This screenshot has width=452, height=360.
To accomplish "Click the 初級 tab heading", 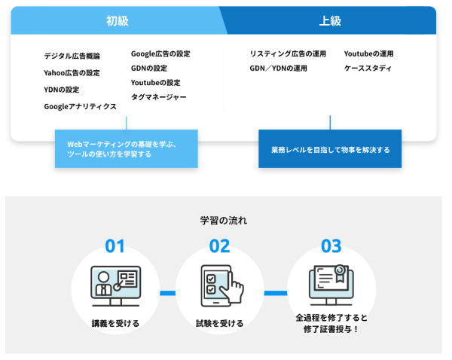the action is [x=118, y=21].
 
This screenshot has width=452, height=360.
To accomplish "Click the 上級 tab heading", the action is [x=331, y=21].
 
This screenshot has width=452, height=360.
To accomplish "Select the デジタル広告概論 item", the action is [x=72, y=56].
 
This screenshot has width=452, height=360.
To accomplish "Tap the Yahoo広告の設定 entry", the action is [x=72, y=72].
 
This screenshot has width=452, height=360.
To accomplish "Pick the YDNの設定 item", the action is [x=62, y=90].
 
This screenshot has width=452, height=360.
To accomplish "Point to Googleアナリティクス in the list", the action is [x=80, y=106].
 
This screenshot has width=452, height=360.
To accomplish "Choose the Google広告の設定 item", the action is [x=160, y=53].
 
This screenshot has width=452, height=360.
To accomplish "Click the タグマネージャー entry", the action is [x=159, y=97].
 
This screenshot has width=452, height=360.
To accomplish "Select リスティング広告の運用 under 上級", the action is [x=288, y=53].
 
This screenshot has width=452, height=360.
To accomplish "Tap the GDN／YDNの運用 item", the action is [x=279, y=69].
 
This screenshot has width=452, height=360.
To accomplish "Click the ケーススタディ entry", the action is [x=368, y=69].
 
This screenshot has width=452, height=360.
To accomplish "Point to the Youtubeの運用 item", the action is [x=368, y=53].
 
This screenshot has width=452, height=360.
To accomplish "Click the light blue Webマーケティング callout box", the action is [x=127, y=148].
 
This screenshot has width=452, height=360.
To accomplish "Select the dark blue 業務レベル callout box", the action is [x=330, y=148].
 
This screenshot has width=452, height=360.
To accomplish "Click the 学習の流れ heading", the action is [x=224, y=221].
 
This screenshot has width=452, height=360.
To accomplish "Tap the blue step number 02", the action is [x=220, y=246].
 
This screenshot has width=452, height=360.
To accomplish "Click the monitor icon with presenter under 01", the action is [x=116, y=286].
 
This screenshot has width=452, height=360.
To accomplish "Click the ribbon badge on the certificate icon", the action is [x=341, y=273].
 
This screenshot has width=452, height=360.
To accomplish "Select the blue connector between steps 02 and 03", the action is [x=276, y=293].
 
